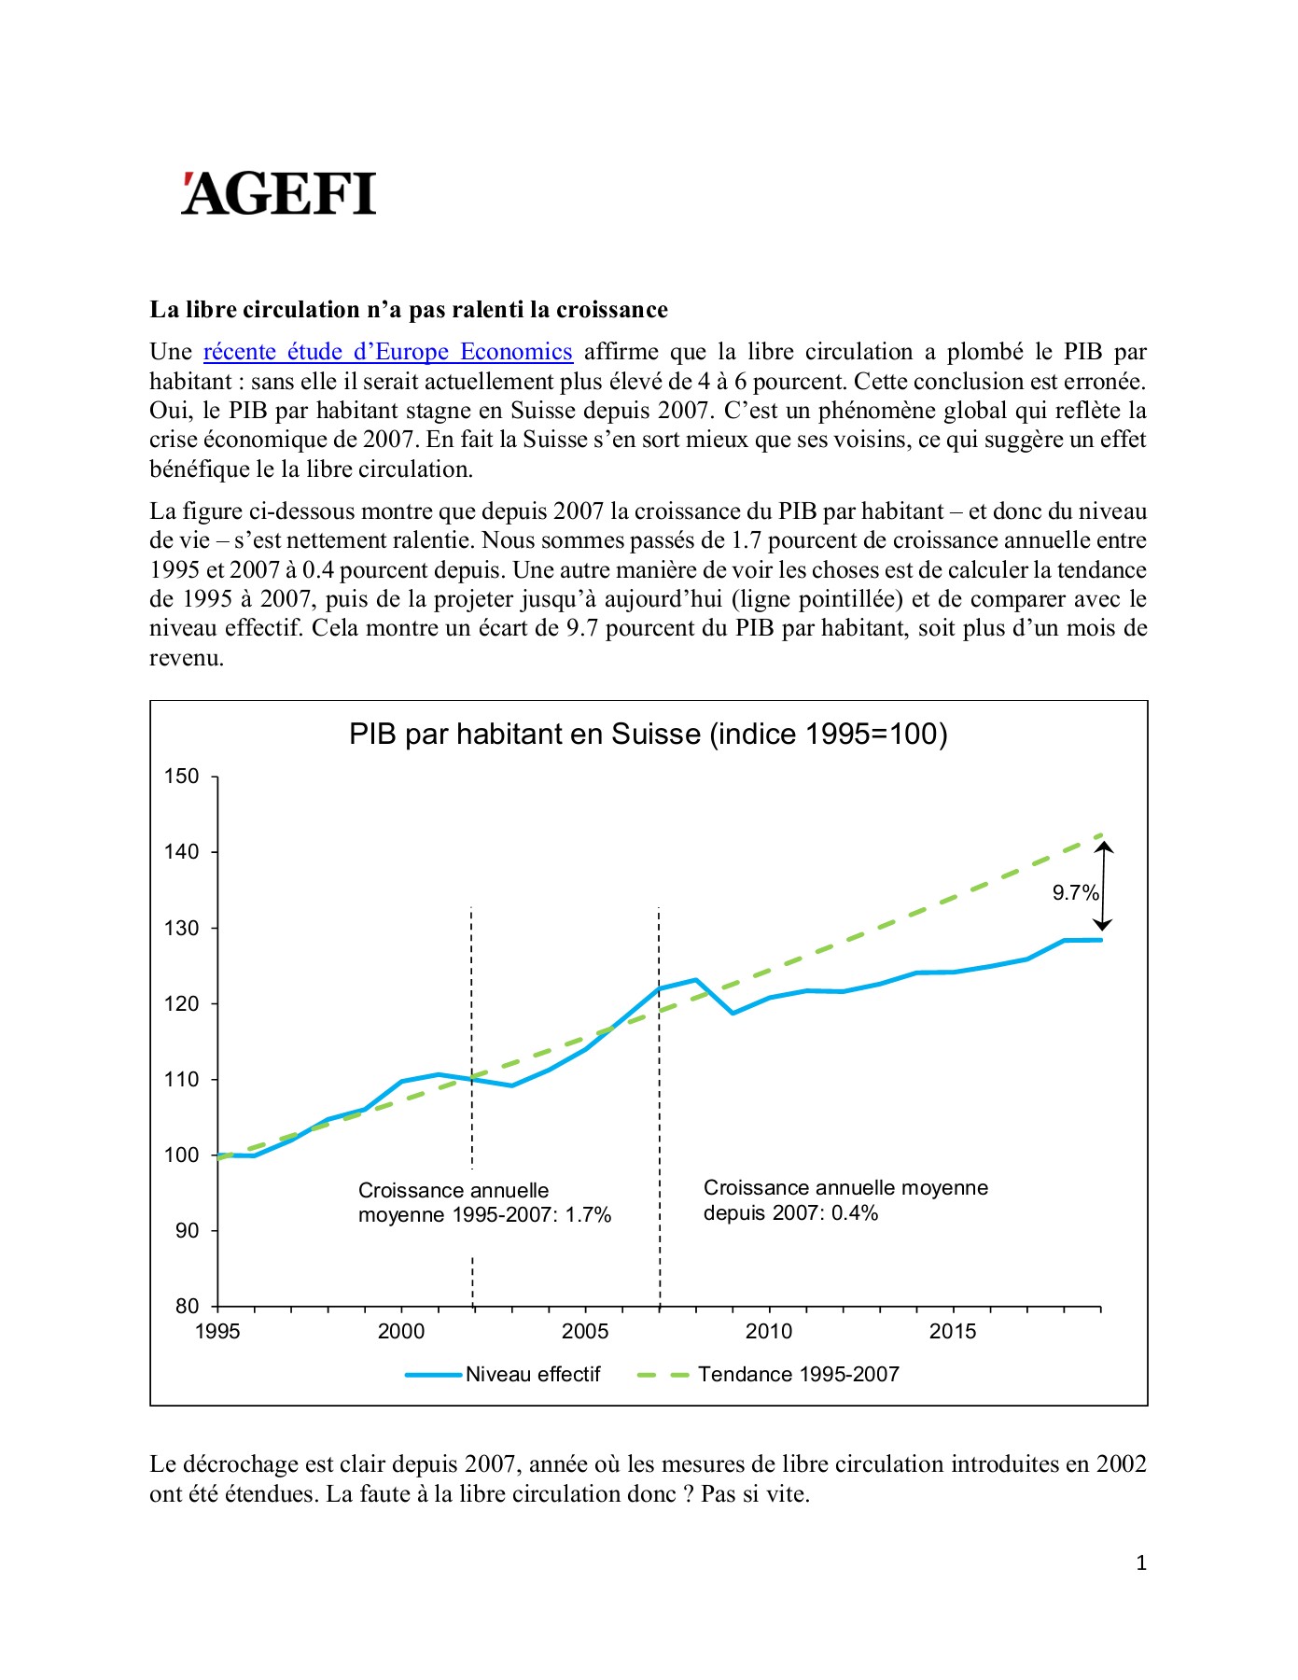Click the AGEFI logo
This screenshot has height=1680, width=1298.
tap(278, 193)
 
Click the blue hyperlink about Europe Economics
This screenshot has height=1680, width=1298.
tap(387, 352)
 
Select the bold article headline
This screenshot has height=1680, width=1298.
tap(409, 310)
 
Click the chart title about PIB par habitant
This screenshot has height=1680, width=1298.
tap(648, 735)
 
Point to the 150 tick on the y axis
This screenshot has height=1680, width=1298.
tap(182, 777)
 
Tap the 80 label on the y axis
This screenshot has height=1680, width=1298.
tap(187, 1307)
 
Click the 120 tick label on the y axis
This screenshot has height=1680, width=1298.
tap(182, 1004)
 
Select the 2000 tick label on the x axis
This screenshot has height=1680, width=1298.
tap(401, 1332)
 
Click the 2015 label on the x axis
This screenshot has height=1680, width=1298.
tap(953, 1332)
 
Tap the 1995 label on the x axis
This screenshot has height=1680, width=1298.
tap(217, 1332)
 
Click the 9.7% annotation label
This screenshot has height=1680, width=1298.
tap(1075, 893)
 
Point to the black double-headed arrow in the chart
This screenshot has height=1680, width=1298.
tap(1103, 887)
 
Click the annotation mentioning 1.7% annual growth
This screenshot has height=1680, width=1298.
tap(484, 1203)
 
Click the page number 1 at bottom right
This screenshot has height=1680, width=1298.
tap(1141, 1563)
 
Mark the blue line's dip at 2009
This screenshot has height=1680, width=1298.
tap(733, 1013)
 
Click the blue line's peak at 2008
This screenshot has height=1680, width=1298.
tap(696, 980)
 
